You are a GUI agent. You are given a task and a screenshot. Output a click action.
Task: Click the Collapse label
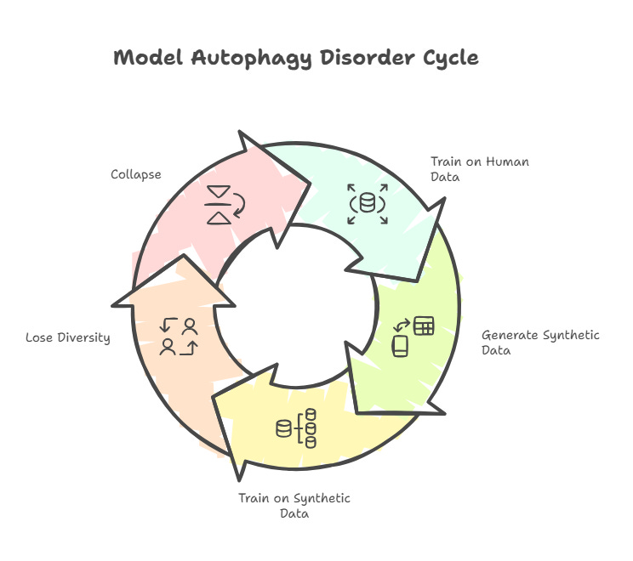135,174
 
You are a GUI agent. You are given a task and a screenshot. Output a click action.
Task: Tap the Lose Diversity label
68,337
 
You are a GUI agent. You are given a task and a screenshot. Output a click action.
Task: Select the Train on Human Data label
467,168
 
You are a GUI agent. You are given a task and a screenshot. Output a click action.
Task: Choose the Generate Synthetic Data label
539,343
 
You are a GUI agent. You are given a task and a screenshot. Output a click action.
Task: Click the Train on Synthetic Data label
294,506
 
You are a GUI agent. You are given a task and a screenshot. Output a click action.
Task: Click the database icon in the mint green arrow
368,204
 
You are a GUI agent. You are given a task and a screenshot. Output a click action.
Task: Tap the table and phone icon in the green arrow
413,336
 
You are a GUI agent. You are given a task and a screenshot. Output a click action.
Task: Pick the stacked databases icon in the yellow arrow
297,428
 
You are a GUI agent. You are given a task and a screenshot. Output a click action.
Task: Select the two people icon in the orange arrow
180,336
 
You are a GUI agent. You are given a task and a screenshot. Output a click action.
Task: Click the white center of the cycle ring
296,306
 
